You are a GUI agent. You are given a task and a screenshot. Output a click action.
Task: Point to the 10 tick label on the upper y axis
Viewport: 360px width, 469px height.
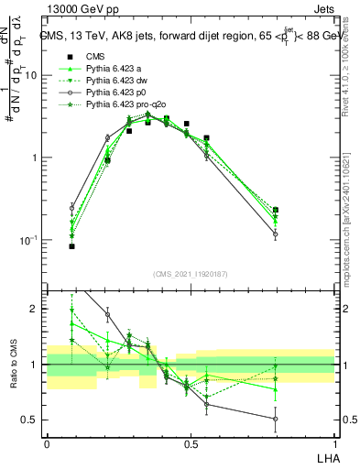point(31,76)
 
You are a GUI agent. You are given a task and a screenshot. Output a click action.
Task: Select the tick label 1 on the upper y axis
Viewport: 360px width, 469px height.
point(35,158)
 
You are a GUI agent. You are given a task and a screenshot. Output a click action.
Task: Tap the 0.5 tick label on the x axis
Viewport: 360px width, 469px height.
point(191,443)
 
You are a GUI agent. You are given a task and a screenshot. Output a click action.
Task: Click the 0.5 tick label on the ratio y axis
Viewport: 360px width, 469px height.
point(30,420)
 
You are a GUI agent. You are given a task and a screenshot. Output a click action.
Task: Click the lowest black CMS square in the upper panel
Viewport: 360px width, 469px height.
point(71,246)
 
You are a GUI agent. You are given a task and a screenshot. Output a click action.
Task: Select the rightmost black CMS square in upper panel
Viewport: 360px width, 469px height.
point(275,210)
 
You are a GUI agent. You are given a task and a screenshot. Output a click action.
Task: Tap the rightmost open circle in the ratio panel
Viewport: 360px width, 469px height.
point(275,419)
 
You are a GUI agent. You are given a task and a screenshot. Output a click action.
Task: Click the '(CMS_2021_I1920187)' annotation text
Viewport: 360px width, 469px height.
point(191,273)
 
